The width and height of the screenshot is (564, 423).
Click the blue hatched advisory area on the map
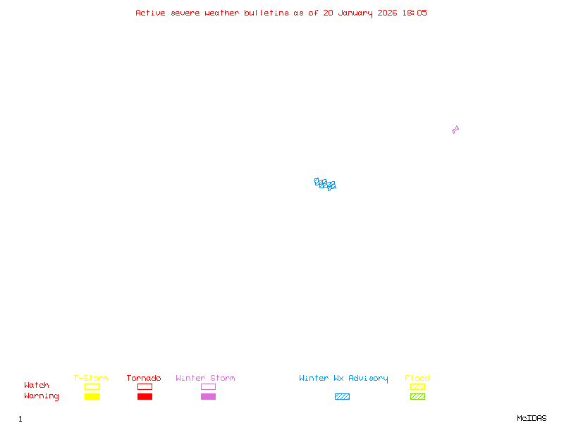[x=325, y=184]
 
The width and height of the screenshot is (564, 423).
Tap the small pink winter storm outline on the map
[x=455, y=130]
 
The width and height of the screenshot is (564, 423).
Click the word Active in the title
[x=151, y=13]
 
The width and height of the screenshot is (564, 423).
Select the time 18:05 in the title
[x=414, y=13]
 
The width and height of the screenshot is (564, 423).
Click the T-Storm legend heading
[x=91, y=379]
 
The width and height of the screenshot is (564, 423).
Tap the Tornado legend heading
[x=144, y=379]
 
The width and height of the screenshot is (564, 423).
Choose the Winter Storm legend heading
[x=205, y=379]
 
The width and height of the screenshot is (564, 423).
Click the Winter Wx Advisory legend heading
[x=343, y=379]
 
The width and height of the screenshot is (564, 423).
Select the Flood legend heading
[x=417, y=379]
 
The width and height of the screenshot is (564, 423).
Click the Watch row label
[x=37, y=386]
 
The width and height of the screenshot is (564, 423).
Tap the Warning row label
[x=42, y=396]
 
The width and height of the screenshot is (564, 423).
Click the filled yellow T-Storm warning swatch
[x=92, y=397]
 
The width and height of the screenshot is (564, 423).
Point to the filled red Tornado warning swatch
[x=145, y=397]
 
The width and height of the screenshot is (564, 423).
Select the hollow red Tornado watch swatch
[x=145, y=387]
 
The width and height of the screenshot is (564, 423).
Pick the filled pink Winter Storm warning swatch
[x=208, y=397]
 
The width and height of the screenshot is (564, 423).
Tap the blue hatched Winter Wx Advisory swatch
[x=342, y=397]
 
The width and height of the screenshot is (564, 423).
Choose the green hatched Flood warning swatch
[x=417, y=397]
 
